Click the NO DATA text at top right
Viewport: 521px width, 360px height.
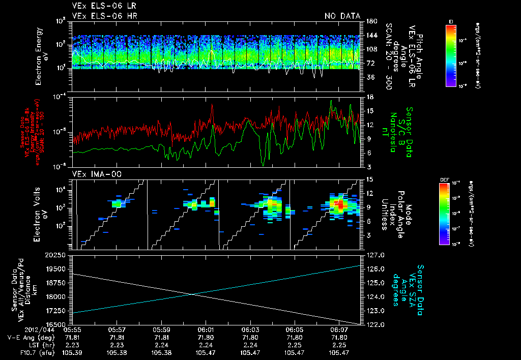[x=342, y=16]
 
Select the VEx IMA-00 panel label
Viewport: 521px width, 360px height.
[x=92, y=174]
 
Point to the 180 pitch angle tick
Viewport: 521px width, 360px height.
[x=370, y=21]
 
